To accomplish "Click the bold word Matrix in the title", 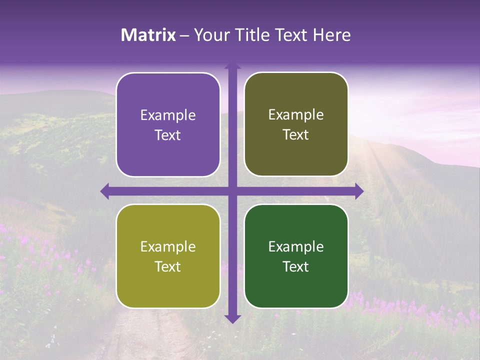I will (x=148, y=35).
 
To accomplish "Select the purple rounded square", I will (x=168, y=124).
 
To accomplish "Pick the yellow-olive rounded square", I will (x=168, y=256).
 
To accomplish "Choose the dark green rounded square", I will (x=296, y=256).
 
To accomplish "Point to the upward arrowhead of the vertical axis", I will (x=232, y=66).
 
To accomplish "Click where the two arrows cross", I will (x=232, y=191).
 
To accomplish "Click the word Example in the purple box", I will (x=168, y=115).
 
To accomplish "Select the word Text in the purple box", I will (x=168, y=135).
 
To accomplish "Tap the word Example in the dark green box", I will (x=296, y=246).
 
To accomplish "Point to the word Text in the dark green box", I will (x=296, y=266).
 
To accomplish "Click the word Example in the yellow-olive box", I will (x=168, y=246).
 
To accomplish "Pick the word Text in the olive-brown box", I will (x=296, y=134).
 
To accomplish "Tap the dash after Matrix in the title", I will (x=184, y=35).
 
